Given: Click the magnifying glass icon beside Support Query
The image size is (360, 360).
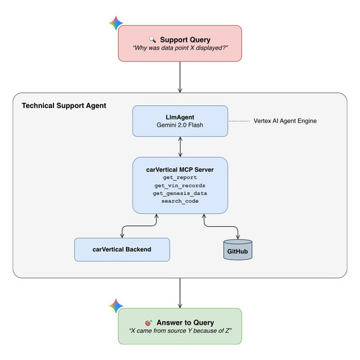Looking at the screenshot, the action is coord(152,40).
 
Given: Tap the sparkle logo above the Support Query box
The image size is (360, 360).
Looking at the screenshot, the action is coord(116,23).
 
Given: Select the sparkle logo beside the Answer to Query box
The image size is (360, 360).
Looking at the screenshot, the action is coord(116,306).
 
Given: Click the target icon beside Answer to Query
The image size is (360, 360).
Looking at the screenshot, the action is coord(149,323).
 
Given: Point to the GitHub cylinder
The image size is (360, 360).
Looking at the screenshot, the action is coord(238,250).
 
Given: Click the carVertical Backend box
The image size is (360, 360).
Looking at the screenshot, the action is coord(122,250).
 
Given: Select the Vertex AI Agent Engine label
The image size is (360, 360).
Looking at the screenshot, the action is coord(285,121).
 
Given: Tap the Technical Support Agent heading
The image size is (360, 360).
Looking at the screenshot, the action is coord(64,106).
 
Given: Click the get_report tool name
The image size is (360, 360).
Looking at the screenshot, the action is coord(180,178).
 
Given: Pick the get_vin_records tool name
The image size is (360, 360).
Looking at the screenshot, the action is coord(180,186).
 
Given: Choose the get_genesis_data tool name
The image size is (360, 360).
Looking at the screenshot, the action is coord(180,193).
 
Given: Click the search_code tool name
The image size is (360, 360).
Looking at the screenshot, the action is coord(180,201).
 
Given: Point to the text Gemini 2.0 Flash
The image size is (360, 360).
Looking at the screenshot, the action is coord(180,125).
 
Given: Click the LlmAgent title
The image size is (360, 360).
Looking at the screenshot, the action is coord(180,117).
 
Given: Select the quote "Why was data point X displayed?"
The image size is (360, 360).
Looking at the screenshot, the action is coord(180,48).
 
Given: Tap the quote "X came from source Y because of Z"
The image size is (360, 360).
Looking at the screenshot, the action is coord(180,330).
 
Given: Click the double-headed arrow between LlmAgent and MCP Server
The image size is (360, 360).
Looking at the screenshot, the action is coord(180,147).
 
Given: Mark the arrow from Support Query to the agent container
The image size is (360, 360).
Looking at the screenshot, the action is coord(180,77).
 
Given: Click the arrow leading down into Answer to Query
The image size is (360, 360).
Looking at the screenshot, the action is coord(180,293).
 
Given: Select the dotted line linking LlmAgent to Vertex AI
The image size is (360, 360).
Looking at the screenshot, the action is coord(239,121).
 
